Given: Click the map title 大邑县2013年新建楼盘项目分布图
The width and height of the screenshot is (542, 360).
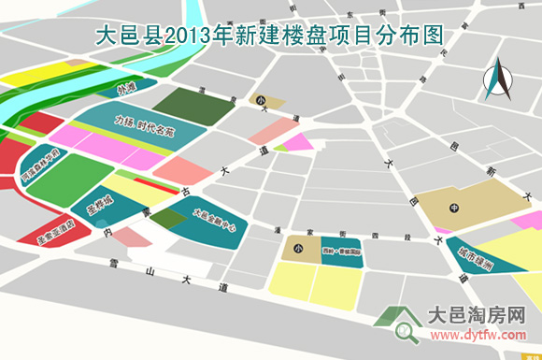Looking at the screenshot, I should (270, 35).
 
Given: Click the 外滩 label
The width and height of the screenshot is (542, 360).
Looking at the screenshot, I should (126, 91).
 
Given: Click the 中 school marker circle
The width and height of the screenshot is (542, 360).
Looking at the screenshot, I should (454, 207).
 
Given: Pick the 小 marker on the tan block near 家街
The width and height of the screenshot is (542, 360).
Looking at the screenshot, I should (297, 249).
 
